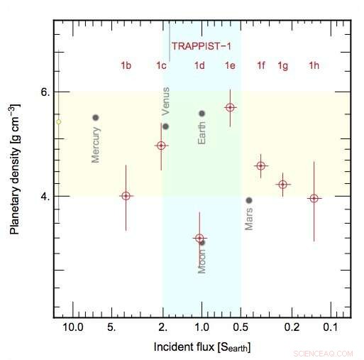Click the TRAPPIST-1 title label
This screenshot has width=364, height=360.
pyautogui.click(x=201, y=45)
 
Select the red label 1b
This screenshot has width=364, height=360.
pyautogui.click(x=126, y=66)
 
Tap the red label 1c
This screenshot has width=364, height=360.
pyautogui.click(x=162, y=66)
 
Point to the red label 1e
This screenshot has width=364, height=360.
pyautogui.click(x=230, y=66)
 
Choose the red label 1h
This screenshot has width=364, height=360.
pyautogui.click(x=314, y=66)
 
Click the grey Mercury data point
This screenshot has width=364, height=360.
pyautogui.click(x=96, y=117)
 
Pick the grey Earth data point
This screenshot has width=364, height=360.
pyautogui.click(x=202, y=114)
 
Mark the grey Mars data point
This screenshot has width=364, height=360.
pyautogui.click(x=249, y=200)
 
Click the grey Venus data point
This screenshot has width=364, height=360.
pyautogui.click(x=165, y=126)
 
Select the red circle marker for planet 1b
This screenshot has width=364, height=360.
pyautogui.click(x=126, y=196)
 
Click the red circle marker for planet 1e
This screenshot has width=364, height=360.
pyautogui.click(x=230, y=107)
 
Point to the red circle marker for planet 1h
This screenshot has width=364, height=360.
pyautogui.click(x=314, y=198)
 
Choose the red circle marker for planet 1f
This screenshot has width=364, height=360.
pyautogui.click(x=261, y=165)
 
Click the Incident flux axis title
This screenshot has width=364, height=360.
pyautogui.click(x=202, y=347)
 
